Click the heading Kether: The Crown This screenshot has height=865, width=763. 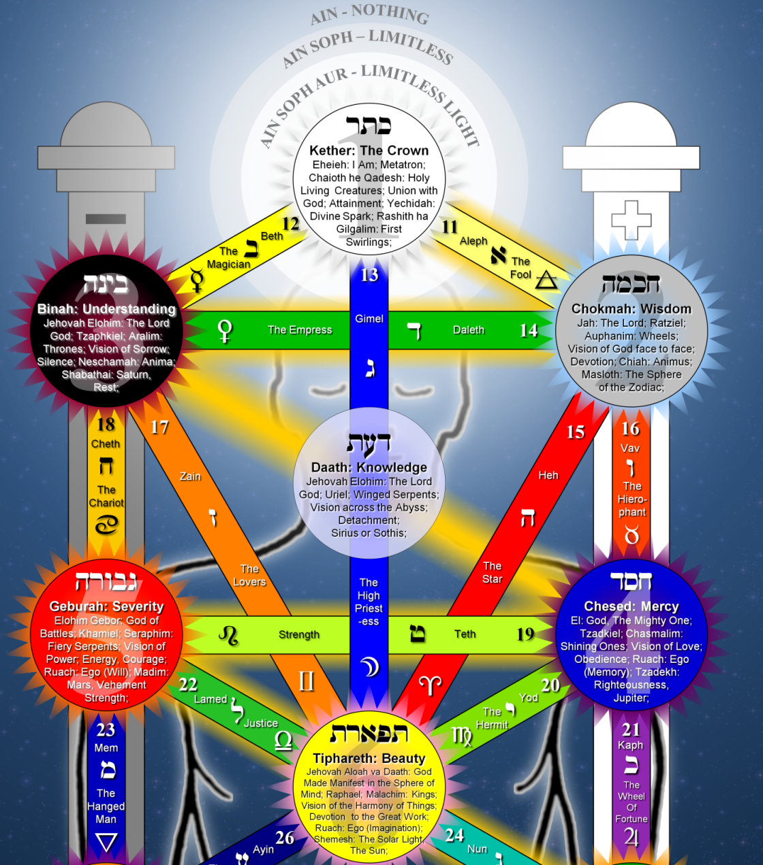coord(369,150)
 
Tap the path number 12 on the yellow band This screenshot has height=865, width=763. coord(291,223)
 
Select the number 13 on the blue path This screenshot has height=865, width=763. coord(369,275)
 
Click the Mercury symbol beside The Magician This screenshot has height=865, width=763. coord(198,279)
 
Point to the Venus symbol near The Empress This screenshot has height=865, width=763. coord(224,331)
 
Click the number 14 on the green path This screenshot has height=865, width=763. coord(529,331)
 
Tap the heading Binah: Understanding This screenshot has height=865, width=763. coord(106,309)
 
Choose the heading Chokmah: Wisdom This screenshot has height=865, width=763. coord(632,309)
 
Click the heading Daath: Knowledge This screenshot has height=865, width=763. coord(369,468)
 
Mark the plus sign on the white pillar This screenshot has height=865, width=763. coord(632,220)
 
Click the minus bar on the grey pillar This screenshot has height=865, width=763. coord(106,219)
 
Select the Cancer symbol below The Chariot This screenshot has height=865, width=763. coord(106,525)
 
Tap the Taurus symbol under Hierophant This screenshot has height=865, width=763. coord(632,536)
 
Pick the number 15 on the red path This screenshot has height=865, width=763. coord(576,432)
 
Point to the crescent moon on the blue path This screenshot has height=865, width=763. coord(369,667)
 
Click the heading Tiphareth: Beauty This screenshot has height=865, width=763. coord(369,758)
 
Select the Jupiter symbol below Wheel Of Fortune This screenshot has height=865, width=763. coord(632,837)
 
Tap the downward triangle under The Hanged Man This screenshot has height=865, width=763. coord(106,843)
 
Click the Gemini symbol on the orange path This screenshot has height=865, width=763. coord(307,681)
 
